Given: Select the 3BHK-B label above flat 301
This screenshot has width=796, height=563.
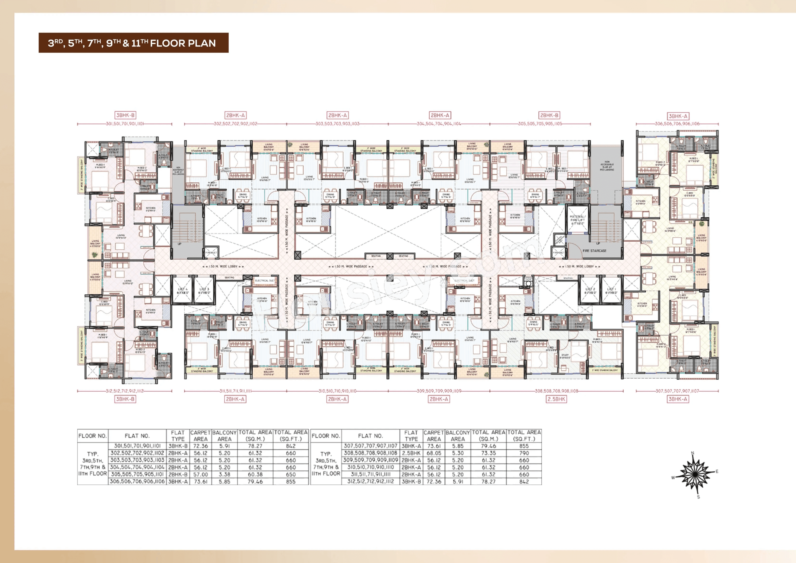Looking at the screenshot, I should (125, 115).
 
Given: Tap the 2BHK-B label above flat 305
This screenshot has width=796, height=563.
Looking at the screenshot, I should (549, 115).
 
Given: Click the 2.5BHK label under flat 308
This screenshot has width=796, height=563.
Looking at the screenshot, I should (556, 399).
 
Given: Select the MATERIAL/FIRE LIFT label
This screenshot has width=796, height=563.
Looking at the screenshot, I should (577, 220).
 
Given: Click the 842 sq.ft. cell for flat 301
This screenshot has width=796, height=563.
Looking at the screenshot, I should (290, 446).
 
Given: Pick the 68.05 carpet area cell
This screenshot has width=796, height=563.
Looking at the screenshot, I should (434, 453).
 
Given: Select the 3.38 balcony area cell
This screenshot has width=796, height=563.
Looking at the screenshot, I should (224, 474).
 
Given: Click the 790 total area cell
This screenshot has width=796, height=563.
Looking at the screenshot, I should (524, 453).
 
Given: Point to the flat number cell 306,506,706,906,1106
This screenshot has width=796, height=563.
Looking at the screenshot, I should (137, 481).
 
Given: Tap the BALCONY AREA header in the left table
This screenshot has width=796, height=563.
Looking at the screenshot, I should (224, 436).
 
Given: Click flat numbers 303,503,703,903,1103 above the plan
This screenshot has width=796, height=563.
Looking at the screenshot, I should (337, 124).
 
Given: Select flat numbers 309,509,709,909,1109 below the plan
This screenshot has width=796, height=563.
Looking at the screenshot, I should (439, 391).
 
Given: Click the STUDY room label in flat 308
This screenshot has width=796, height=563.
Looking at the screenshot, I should (565, 356).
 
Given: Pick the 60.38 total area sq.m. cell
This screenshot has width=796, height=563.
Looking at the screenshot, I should (255, 474).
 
